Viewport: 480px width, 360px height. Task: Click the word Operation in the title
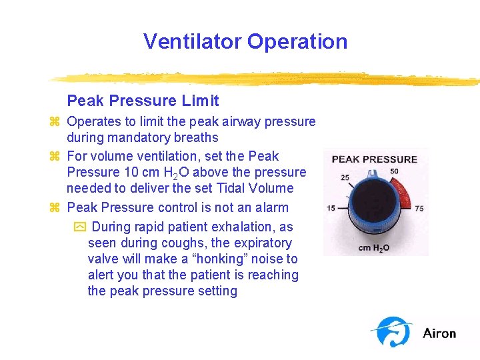(297, 41)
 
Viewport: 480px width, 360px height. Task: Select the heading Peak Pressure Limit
(143, 101)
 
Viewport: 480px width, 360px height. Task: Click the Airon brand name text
(439, 333)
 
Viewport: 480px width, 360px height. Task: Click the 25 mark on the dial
(345, 177)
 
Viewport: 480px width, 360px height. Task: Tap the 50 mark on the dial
(395, 172)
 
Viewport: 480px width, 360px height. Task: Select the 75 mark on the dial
(419, 208)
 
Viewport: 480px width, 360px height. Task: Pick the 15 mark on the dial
(331, 208)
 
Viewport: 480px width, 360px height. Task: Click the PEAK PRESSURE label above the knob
(375, 159)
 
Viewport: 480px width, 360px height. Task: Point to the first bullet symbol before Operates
(55, 122)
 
